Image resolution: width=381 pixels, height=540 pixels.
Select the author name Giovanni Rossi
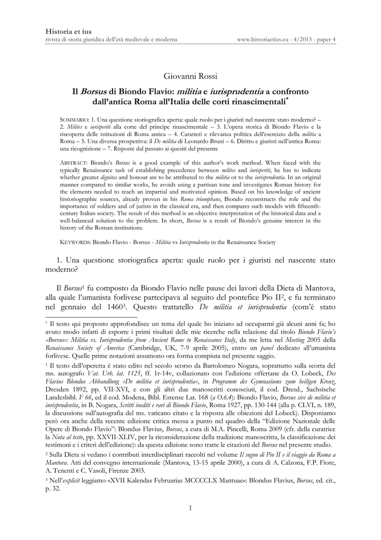click(190, 78)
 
